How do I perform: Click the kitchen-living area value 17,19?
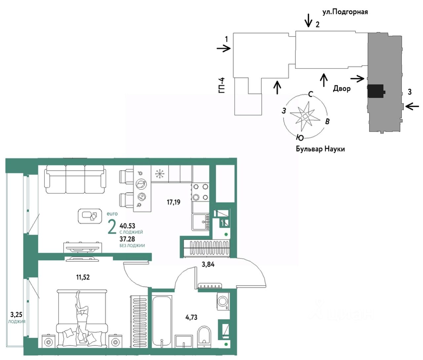point(173,202)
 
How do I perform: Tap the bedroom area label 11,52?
point(83,277)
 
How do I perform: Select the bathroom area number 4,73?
point(191,317)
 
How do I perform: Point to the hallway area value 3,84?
point(208,264)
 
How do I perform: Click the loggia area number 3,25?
point(16,314)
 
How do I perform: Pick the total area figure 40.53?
point(127,226)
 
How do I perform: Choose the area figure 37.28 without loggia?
point(127,239)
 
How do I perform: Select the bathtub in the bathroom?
point(161,321)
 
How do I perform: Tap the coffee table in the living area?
point(90,216)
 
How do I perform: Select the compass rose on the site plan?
point(305,116)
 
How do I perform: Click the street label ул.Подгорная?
point(345,12)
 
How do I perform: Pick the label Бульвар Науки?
point(320,149)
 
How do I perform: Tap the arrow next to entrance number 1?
point(224,49)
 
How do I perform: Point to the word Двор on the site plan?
point(342,89)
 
